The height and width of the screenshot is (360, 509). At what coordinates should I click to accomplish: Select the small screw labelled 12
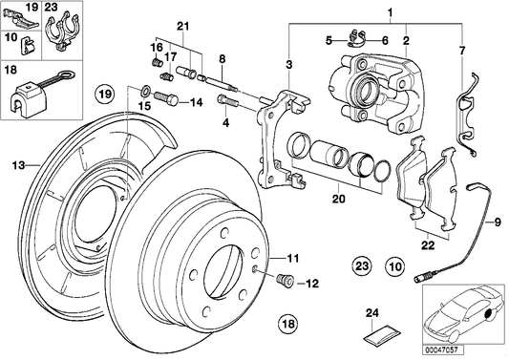click(283, 282)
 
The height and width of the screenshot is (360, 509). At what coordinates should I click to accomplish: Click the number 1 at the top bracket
click(389, 12)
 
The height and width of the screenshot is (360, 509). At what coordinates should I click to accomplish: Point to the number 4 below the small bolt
click(225, 124)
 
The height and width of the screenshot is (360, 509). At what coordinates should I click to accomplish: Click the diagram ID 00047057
click(439, 351)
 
